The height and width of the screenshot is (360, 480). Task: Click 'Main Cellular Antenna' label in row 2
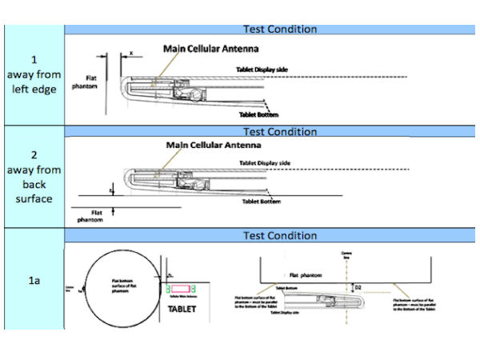pyautogui.click(x=212, y=146)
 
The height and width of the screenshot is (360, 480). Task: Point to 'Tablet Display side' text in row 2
pyautogui.click(x=265, y=164)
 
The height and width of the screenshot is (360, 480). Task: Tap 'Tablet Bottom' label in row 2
pyautogui.click(x=262, y=202)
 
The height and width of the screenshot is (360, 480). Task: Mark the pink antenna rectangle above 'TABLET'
pyautogui.click(x=181, y=286)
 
